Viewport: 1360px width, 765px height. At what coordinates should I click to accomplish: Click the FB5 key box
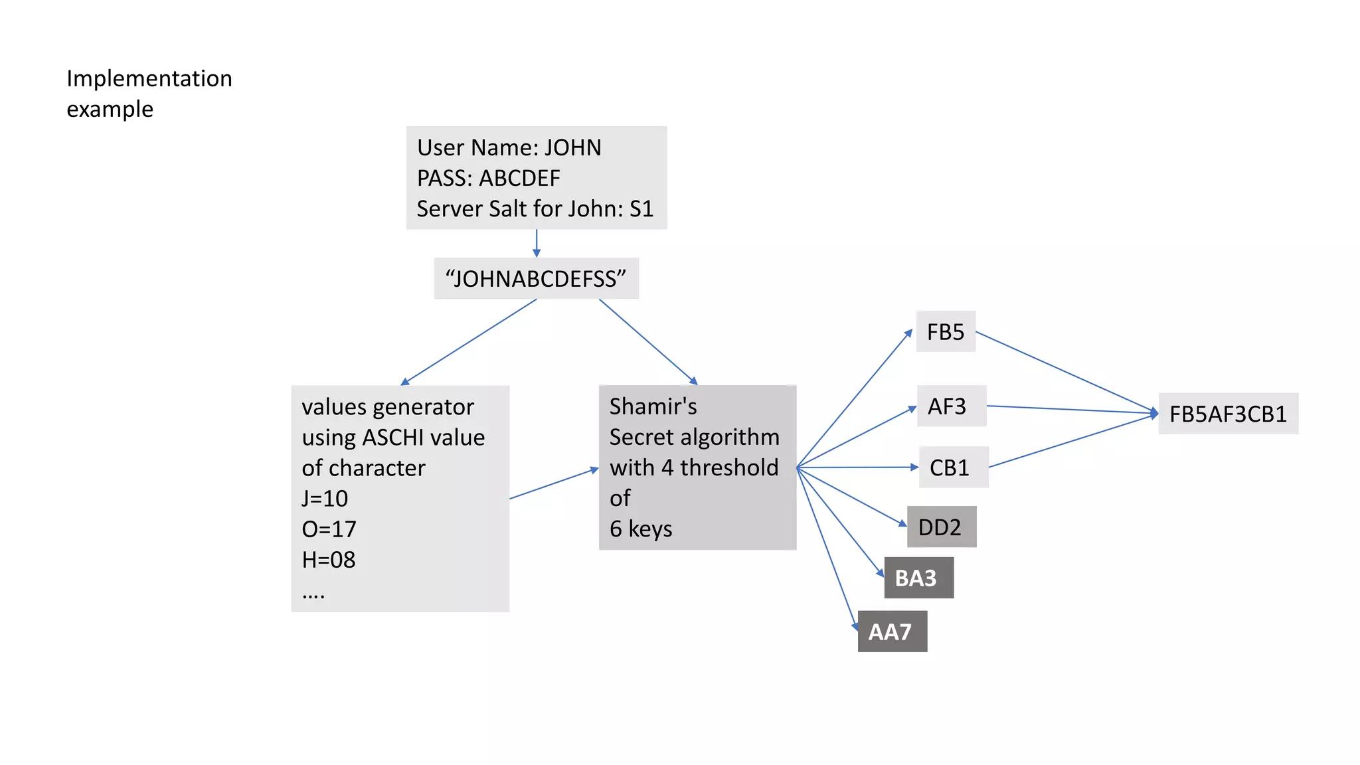coord(945,331)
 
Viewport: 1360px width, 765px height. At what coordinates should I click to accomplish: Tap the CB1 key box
coord(952,467)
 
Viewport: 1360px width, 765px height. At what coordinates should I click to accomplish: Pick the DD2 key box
coord(941,527)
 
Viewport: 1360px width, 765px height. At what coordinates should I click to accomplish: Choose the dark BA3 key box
coord(918,578)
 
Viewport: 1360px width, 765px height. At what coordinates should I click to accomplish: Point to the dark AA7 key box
coord(892,632)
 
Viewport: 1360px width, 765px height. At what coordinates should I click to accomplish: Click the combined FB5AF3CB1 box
coord(1228,414)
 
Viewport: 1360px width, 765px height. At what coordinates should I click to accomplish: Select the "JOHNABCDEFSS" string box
coord(536,279)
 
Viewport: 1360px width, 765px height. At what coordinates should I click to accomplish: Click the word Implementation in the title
coord(149,78)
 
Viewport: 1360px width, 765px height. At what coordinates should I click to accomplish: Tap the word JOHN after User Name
coord(573,147)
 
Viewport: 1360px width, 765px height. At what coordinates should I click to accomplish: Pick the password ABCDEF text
coord(519,178)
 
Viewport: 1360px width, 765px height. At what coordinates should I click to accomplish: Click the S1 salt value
coord(641,209)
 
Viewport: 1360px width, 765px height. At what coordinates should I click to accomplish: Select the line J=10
coord(325,498)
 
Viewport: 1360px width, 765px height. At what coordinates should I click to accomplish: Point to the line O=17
coord(329,529)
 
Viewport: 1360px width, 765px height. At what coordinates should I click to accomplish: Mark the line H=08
coord(329,559)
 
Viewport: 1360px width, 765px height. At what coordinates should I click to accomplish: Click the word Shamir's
coord(653,406)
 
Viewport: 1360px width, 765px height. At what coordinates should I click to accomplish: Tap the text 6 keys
coord(641,529)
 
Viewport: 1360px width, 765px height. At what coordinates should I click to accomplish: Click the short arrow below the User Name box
coord(537,243)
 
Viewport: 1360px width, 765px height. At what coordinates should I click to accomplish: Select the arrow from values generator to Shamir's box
coord(554,483)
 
